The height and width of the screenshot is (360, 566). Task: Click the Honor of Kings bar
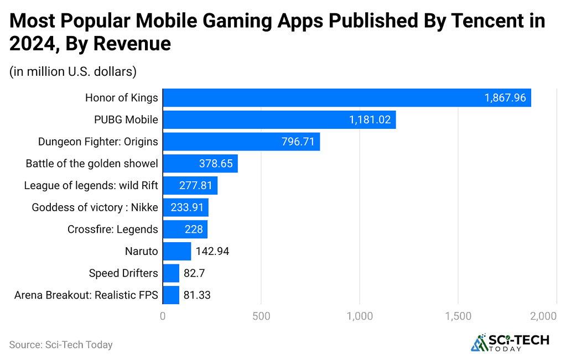(346, 98)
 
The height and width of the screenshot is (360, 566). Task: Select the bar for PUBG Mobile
(279, 120)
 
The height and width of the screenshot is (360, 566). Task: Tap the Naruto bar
(176, 252)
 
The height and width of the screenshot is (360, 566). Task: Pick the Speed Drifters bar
(171, 273)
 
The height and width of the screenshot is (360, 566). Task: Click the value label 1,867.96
(505, 98)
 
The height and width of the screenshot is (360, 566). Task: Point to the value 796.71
(298, 142)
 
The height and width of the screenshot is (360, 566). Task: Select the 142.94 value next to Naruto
(212, 252)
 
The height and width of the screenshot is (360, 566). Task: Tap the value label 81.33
(197, 295)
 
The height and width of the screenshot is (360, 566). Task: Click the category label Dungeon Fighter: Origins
(98, 142)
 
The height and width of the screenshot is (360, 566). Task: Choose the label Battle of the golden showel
(92, 164)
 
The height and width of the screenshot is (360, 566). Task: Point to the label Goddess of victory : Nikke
(95, 207)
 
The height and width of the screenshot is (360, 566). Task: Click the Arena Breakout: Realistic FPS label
(86, 295)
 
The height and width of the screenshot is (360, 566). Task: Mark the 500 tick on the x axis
(261, 316)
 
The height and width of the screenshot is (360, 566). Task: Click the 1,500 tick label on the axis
(458, 316)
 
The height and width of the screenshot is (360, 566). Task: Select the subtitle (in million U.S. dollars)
(73, 71)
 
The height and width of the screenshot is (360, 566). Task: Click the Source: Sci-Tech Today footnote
(61, 345)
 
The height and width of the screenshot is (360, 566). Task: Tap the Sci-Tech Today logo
(510, 342)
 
